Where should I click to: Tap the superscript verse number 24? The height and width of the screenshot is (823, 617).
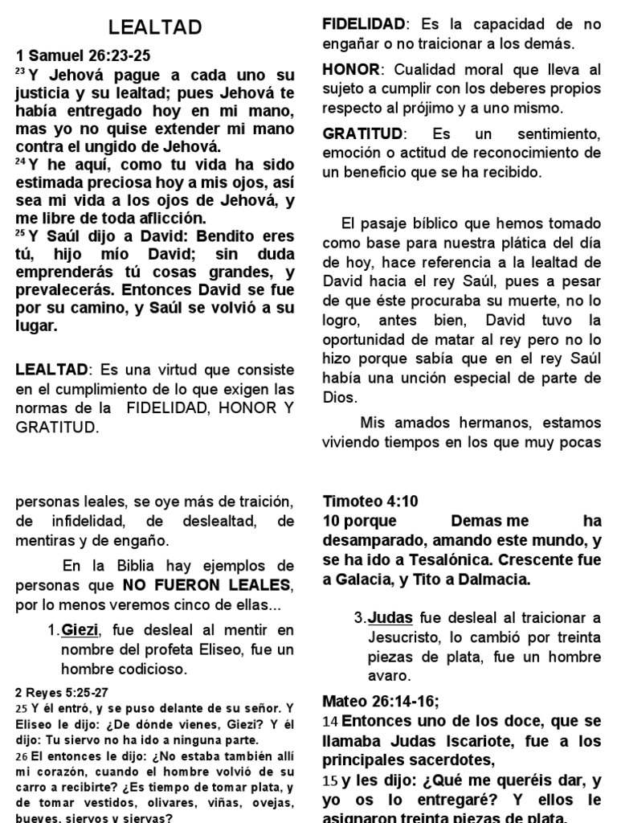pos(21,162)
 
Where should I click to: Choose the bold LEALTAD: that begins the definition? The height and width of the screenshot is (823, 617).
pos(55,369)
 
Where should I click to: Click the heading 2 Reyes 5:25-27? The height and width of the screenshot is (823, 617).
pos(61,690)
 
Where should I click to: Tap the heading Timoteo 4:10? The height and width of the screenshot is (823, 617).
pos(370,502)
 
